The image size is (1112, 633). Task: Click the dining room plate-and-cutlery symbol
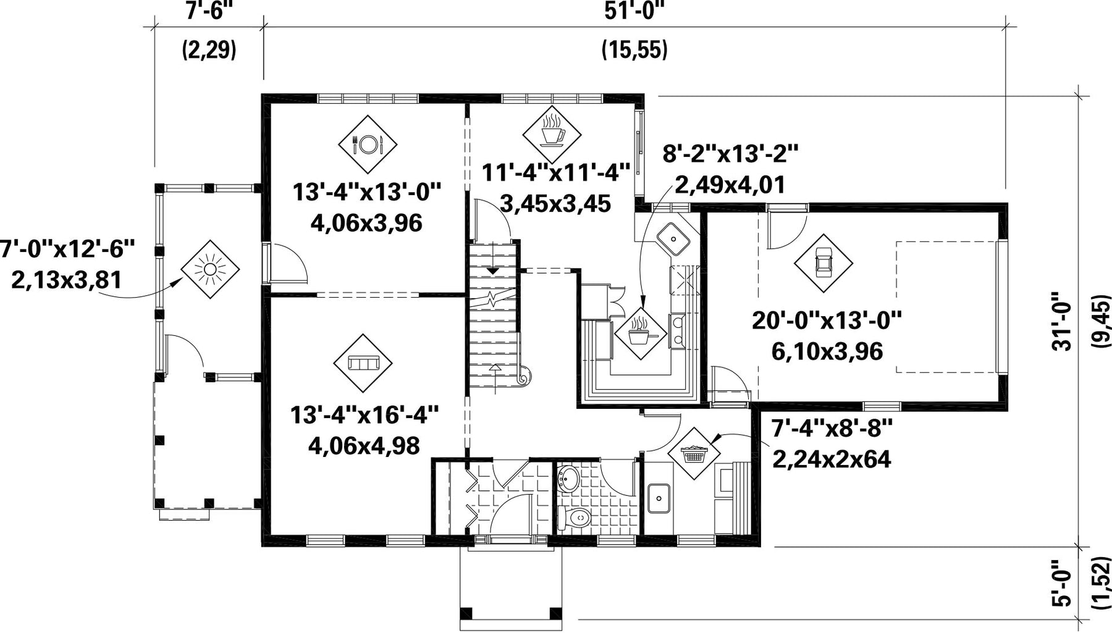tap(368, 144)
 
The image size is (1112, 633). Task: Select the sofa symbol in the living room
tap(363, 363)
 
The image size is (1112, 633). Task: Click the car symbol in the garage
tap(823, 264)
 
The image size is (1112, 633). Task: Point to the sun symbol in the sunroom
tap(210, 270)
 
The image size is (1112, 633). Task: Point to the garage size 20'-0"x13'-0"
tap(827, 321)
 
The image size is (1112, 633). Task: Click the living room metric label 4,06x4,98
tap(364, 445)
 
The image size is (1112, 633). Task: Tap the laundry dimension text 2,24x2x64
tap(832, 459)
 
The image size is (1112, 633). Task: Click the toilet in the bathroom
tap(575, 518)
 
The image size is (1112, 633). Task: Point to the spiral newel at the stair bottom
tap(524, 374)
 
